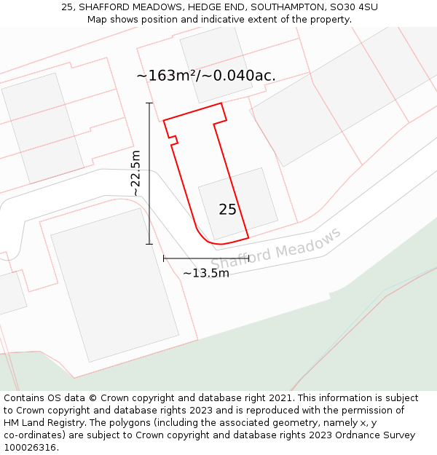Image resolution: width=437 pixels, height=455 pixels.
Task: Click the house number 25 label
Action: coord(227,210)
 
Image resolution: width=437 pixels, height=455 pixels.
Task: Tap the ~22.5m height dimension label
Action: coord(135,173)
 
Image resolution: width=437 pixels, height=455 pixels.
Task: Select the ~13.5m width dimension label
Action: coord(205,273)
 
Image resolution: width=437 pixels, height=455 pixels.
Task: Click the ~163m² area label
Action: coord(205,76)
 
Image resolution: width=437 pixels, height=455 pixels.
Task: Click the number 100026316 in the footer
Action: coord(29,448)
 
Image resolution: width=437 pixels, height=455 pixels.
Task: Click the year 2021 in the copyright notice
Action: coord(275,398)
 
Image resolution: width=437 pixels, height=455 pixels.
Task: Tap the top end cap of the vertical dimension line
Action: coord(149,103)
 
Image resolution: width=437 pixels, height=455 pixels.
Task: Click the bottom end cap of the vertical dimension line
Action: coord(149,244)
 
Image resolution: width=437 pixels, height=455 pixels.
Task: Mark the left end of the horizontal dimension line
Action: coord(164,258)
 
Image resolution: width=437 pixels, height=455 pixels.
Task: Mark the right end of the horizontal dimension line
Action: coord(249,258)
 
